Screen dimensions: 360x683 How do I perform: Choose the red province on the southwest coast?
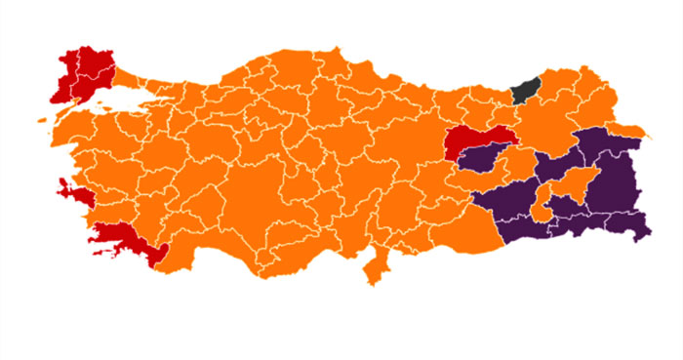pos(127,237)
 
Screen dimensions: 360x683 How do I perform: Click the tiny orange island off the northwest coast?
pos(44,121)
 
